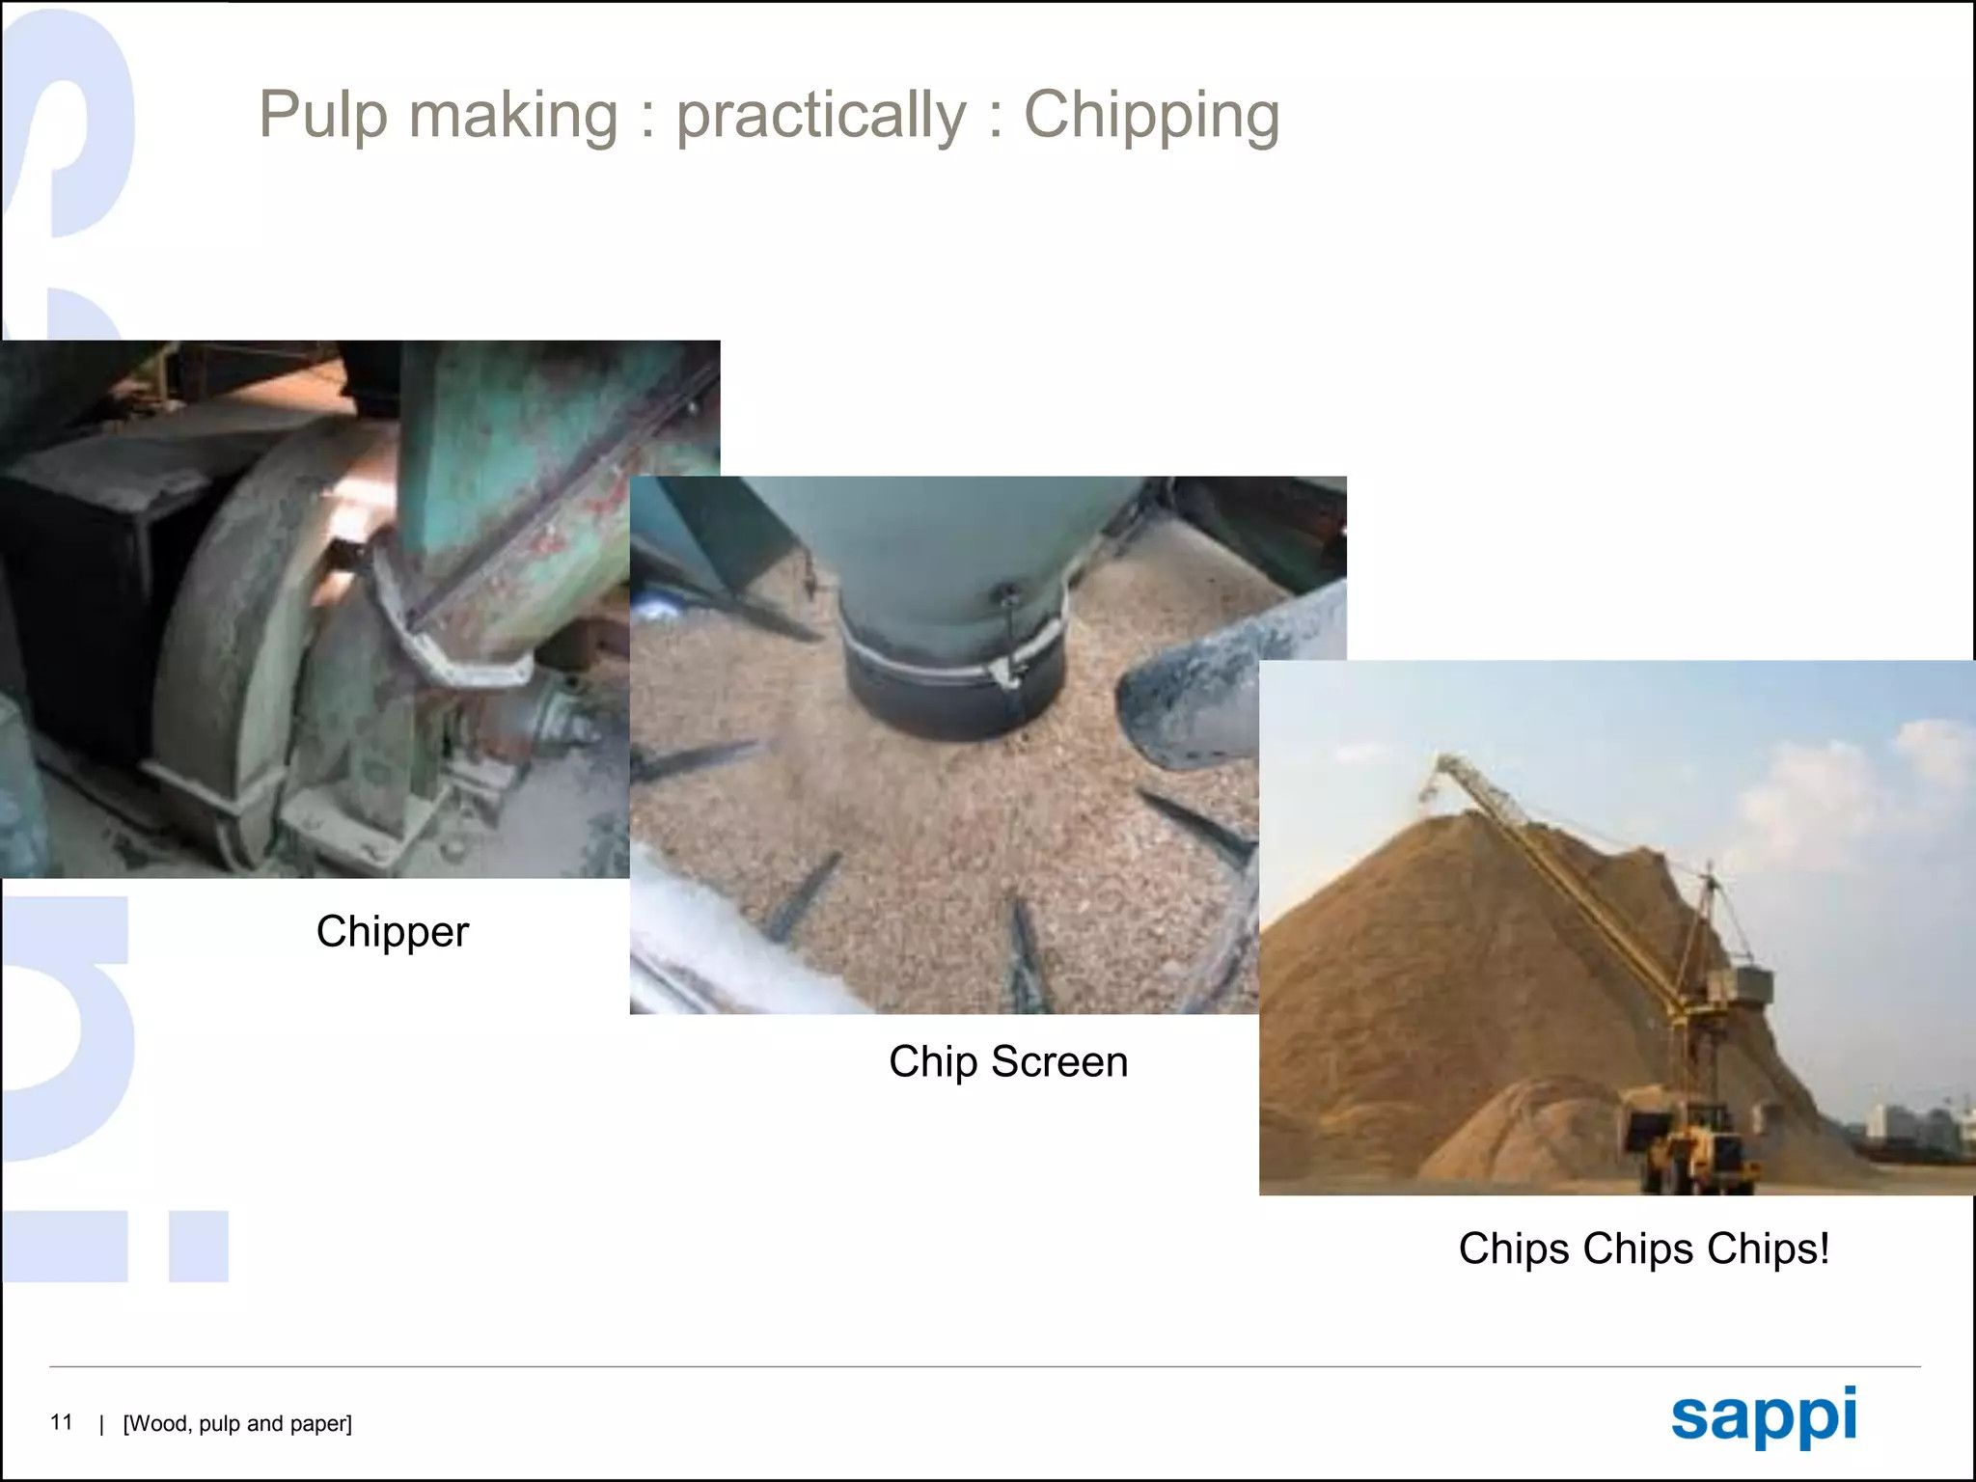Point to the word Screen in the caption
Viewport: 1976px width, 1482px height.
[x=1059, y=1061]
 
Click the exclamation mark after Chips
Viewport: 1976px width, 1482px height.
[x=1824, y=1248]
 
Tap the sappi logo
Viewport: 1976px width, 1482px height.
[x=1764, y=1416]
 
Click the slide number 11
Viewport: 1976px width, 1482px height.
[x=61, y=1422]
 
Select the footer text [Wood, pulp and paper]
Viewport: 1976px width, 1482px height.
[x=237, y=1424]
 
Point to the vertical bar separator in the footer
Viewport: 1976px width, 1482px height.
[x=101, y=1424]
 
